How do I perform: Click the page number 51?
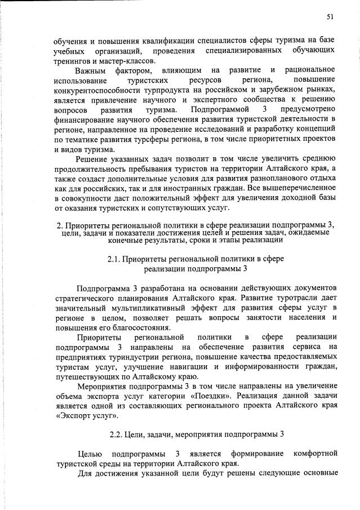click(331, 17)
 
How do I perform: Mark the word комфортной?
click(315, 453)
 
